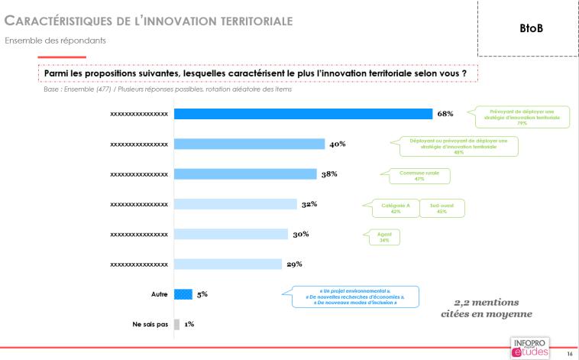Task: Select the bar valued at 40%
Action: (249, 144)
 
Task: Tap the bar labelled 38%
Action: (245, 174)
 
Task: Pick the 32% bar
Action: (235, 204)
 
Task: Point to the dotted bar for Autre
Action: (183, 294)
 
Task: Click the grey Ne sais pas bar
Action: (176, 323)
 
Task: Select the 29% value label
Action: (294, 264)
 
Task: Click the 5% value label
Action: (202, 294)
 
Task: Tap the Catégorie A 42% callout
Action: (390, 208)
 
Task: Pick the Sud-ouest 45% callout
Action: (442, 208)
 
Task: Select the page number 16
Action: (569, 354)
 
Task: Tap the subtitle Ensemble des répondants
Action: (55, 40)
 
